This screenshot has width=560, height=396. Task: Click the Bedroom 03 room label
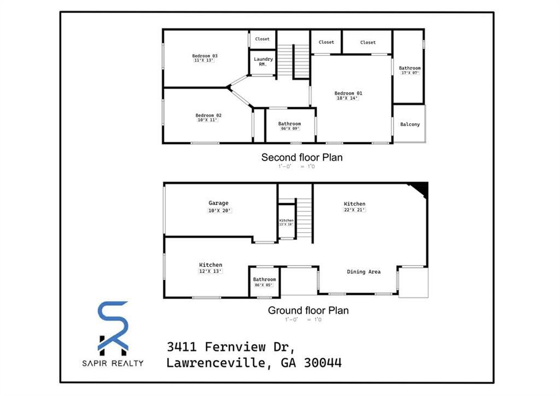point(205,56)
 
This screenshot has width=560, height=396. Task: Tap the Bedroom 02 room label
point(208,115)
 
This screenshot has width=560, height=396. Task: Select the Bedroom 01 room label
point(348,93)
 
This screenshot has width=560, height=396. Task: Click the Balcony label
point(410,124)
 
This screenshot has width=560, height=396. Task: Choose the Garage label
point(218,203)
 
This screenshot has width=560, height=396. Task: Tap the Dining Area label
point(364,272)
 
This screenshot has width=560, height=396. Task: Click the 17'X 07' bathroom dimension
point(410,73)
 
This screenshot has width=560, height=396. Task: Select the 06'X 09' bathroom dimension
point(289,129)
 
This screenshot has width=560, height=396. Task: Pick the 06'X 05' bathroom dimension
point(264,285)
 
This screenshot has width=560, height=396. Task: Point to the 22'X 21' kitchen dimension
point(354,210)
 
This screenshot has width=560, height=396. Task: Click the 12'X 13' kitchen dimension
point(211,271)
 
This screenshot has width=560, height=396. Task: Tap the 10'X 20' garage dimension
point(220,210)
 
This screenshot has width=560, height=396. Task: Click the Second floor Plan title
point(302,158)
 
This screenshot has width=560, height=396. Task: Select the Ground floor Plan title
point(308,311)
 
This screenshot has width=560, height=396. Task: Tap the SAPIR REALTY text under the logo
point(113,363)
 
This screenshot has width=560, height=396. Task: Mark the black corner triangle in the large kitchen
point(421,189)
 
